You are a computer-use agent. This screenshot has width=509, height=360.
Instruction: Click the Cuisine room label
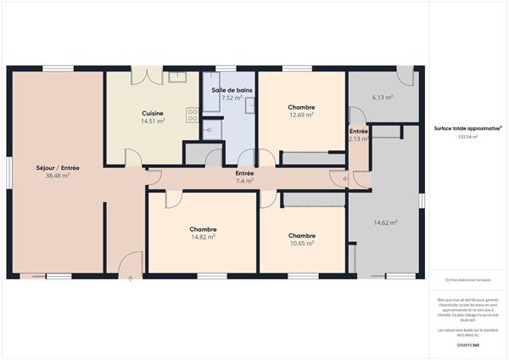click(153, 113)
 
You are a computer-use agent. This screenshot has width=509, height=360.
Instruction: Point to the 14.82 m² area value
click(203, 237)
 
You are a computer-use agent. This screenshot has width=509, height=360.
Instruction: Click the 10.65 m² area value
click(302, 243)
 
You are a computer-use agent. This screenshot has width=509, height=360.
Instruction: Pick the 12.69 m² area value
click(302, 115)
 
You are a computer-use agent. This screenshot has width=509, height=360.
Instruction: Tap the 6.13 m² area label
click(382, 98)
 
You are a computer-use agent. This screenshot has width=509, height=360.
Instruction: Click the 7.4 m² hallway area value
click(244, 181)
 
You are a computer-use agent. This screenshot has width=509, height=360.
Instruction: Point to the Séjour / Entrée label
click(58, 168)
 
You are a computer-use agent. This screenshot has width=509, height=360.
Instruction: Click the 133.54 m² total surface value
click(467, 137)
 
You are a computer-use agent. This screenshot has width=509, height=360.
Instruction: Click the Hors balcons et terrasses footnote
click(467, 280)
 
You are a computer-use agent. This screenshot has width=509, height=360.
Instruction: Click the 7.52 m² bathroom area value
click(232, 98)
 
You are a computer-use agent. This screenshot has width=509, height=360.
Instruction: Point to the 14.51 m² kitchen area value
click(153, 121)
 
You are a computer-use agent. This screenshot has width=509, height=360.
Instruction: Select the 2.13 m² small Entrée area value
click(358, 139)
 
